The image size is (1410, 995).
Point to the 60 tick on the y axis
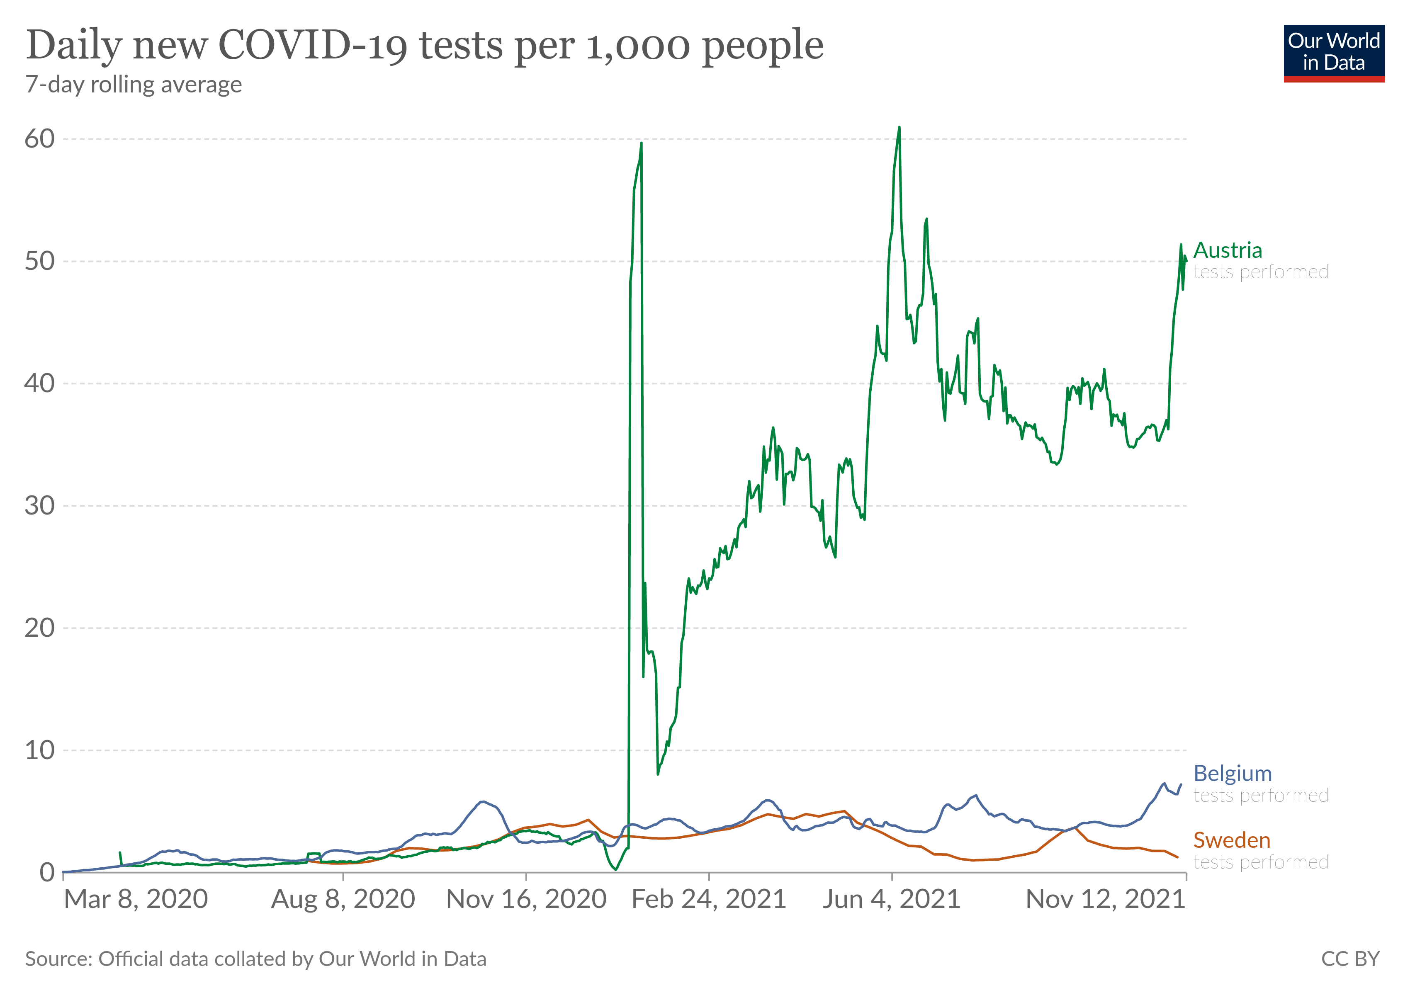point(39,139)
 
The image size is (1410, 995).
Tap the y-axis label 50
point(39,262)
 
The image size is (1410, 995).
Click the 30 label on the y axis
point(39,506)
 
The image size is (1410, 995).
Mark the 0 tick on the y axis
point(47,872)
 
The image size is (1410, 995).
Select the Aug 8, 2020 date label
point(343,900)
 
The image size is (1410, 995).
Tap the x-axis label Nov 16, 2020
point(526,900)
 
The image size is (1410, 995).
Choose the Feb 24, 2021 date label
point(709,900)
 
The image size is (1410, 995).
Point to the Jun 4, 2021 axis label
point(891,900)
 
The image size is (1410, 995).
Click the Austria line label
point(1228,250)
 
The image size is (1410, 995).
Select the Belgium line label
point(1232,774)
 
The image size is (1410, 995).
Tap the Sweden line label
point(1231,840)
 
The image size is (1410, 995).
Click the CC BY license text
point(1350,959)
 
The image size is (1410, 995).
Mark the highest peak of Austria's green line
point(899,128)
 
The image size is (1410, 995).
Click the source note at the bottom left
point(255,959)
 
